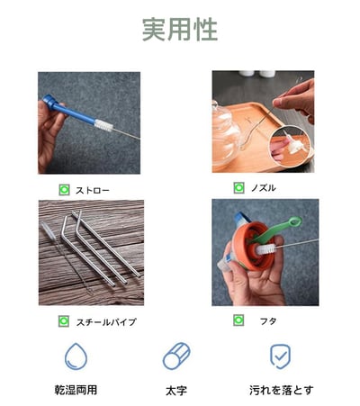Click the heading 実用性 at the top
click(179, 30)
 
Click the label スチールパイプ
click(106, 321)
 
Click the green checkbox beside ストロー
click(64, 190)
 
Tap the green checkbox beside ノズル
click(238, 188)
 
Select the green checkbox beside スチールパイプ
click(64, 321)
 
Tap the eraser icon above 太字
click(176, 356)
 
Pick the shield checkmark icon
click(281, 356)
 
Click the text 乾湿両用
click(76, 391)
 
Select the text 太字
click(176, 391)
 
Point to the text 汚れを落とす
click(281, 391)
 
